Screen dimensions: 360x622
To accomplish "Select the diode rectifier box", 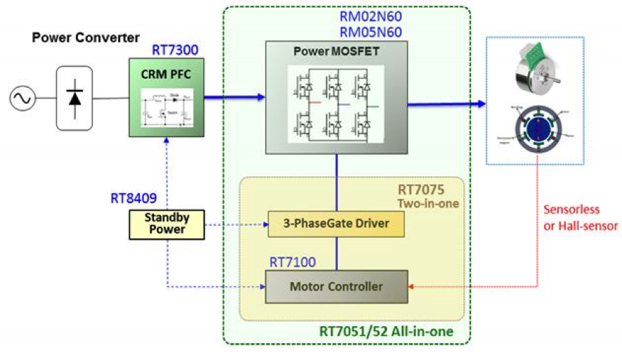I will click(x=74, y=98).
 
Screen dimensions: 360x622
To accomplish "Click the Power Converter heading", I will click(x=86, y=37).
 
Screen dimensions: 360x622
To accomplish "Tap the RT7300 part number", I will click(x=175, y=51).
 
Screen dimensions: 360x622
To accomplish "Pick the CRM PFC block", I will click(x=166, y=97).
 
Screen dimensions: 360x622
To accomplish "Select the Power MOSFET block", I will click(x=336, y=97).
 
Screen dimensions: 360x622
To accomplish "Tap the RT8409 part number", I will click(x=134, y=198).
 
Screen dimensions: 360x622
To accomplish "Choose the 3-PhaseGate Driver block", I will click(x=337, y=224).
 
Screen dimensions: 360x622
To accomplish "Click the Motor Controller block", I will click(x=336, y=287).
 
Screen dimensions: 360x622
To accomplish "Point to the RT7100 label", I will click(x=292, y=262).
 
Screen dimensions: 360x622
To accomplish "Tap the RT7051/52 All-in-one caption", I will click(x=386, y=331).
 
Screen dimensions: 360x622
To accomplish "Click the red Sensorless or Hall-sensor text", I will click(x=581, y=218).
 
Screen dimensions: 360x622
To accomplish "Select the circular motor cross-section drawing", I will click(x=540, y=132).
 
